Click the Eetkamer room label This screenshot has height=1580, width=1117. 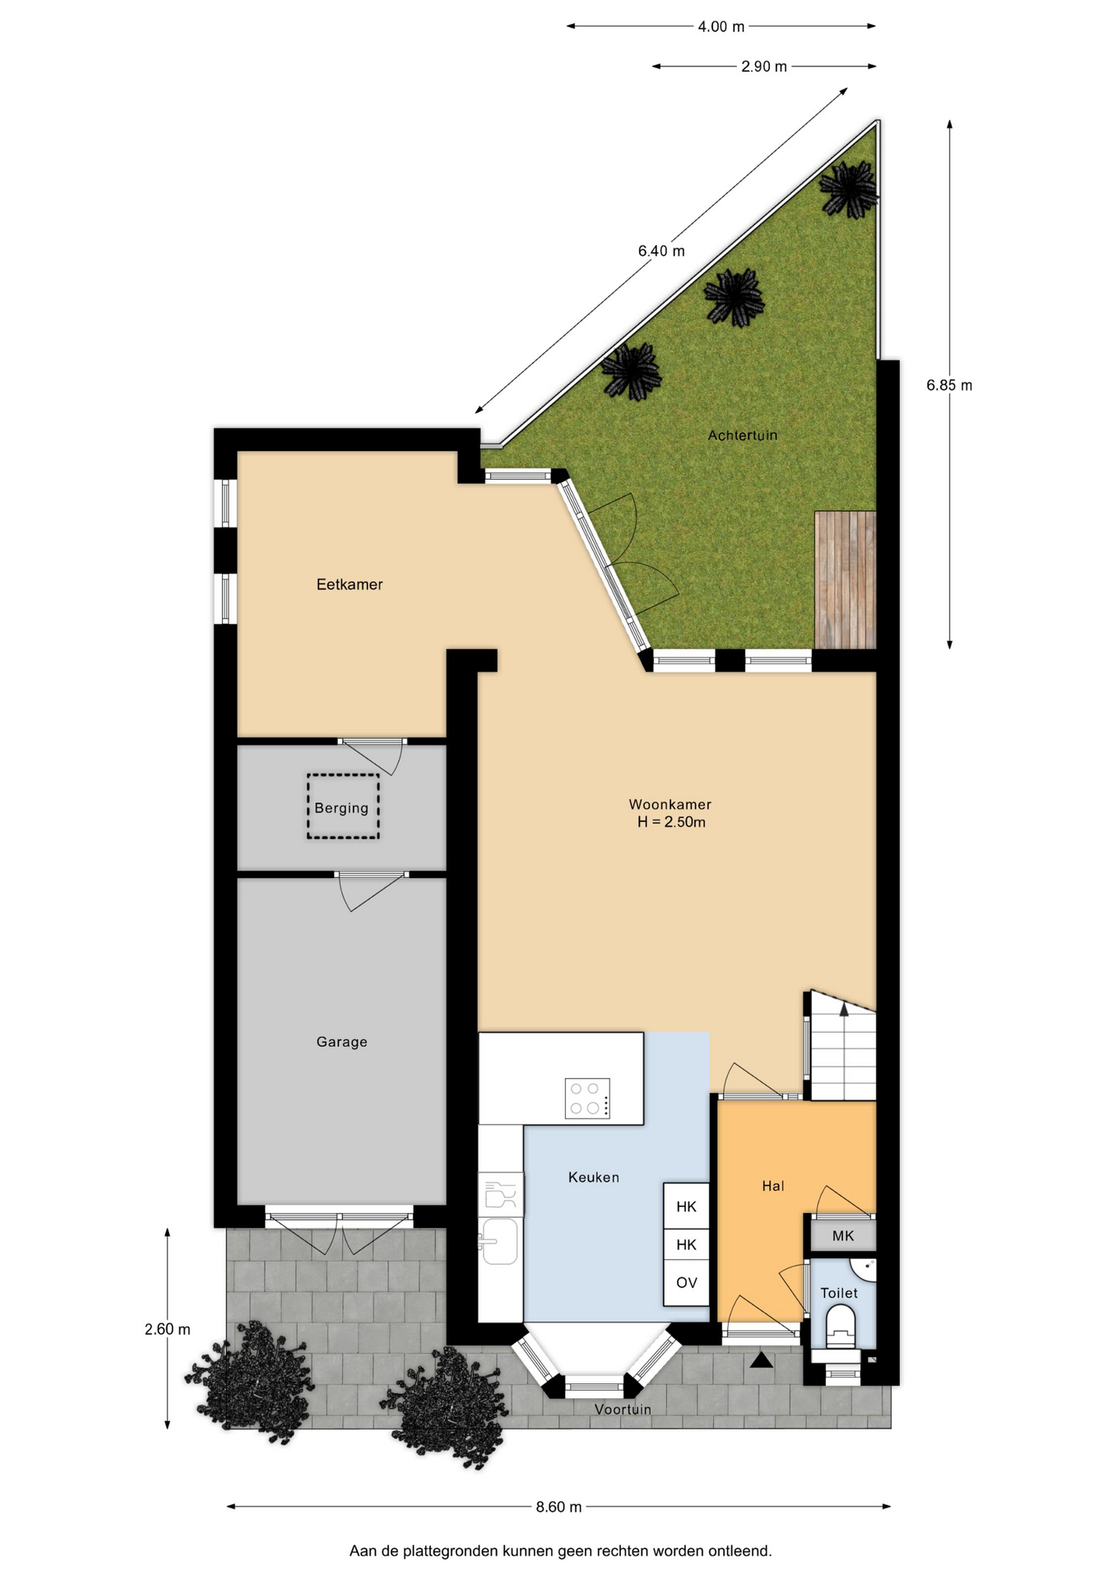pos(350,584)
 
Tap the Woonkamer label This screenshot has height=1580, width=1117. pos(670,805)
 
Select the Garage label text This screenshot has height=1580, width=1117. pos(341,1042)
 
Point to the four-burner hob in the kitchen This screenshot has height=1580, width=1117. pos(587,1098)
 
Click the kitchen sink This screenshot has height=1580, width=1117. pos(499,1241)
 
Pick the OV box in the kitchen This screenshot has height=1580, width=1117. pos(686,1283)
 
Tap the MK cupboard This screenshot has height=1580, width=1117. pos(843,1236)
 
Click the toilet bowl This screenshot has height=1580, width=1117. pos(841,1326)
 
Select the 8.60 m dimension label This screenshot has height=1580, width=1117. pos(558,1507)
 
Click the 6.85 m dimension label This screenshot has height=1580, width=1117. pos(949,385)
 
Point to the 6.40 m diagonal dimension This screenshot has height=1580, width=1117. pos(661,251)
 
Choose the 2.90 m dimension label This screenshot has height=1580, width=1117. pos(764,67)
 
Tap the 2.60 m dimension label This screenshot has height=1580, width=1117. pos(167,1329)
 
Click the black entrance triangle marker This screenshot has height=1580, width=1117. pos(762,1360)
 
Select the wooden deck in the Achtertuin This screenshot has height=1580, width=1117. pos(845,579)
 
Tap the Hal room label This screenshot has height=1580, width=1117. pos(772,1186)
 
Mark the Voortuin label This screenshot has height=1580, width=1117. pos(623,1410)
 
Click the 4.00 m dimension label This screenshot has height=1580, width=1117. pos(721,27)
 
